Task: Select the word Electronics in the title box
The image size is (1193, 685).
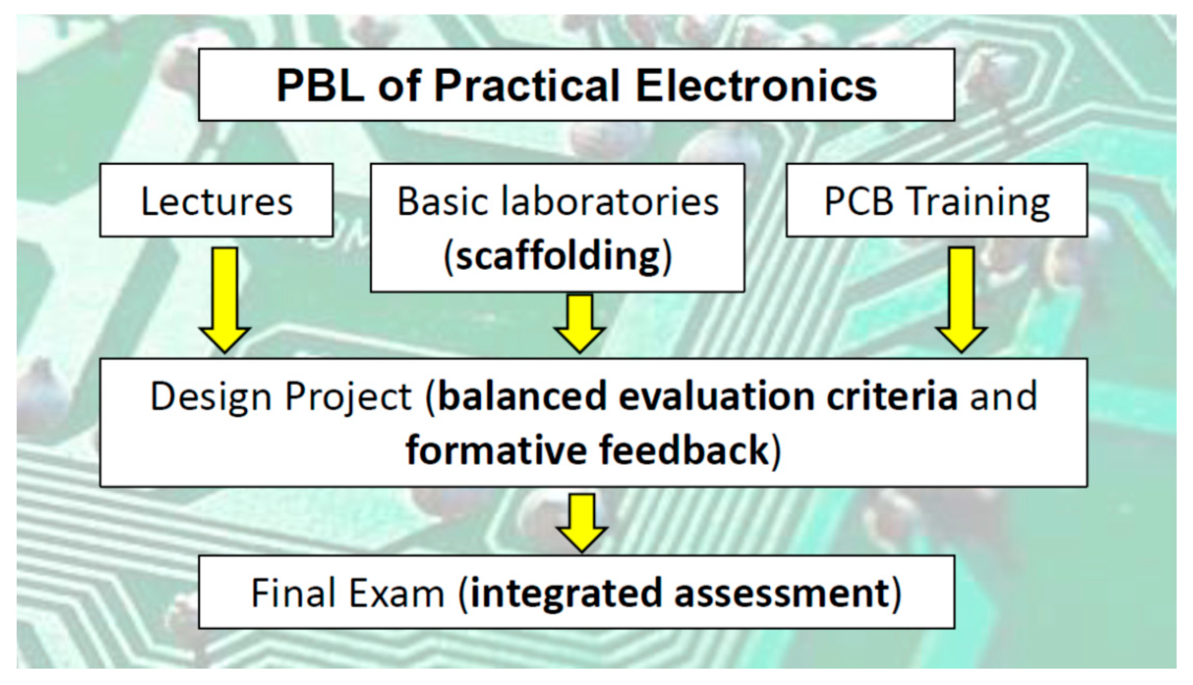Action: (756, 85)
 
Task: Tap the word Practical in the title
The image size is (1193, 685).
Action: (527, 85)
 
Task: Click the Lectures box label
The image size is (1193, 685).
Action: (216, 201)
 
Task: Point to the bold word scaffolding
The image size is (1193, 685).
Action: (557, 257)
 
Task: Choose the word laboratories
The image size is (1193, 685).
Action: (610, 201)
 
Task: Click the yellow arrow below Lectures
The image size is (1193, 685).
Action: (225, 300)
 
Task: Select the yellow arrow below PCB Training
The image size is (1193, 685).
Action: (961, 300)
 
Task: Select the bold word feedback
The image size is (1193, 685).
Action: (684, 450)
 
